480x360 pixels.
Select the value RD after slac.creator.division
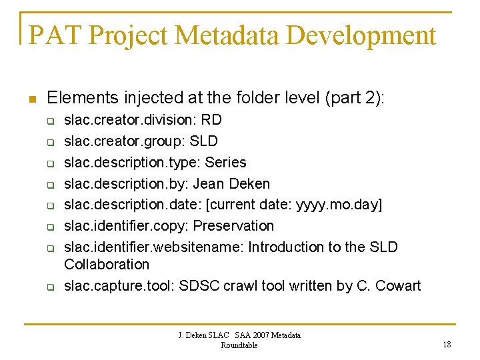(211, 120)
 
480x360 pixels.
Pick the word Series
(226, 163)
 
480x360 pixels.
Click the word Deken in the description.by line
(251, 183)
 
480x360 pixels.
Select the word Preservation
(233, 226)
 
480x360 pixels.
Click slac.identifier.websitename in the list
(154, 247)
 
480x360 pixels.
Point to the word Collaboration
(107, 264)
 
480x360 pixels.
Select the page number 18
(446, 344)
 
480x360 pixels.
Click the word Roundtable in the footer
(239, 345)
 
